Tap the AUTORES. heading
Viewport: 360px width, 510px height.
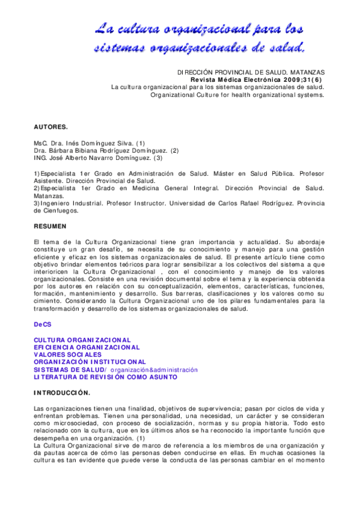(51, 127)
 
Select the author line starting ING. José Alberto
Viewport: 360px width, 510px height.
(98, 158)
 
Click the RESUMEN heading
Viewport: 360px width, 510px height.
(50, 226)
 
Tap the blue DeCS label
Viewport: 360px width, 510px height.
(43, 325)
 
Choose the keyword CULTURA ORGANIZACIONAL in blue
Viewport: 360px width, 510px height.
(82, 340)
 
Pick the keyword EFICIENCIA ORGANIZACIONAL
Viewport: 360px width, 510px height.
(87, 348)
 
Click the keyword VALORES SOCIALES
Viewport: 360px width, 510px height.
(67, 355)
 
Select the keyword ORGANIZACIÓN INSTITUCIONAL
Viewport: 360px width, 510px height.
(90, 362)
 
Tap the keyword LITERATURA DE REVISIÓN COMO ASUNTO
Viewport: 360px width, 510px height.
(106, 377)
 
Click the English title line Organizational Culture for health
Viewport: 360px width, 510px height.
(237, 94)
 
